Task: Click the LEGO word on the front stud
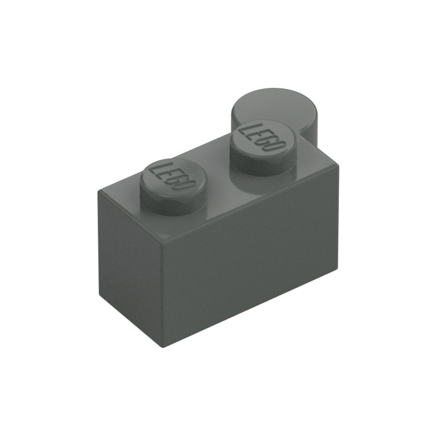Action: pyautogui.click(x=175, y=176)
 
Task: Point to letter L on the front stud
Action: pyautogui.click(x=161, y=168)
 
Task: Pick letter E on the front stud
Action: pyautogui.click(x=170, y=173)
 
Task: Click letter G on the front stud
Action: pyautogui.click(x=179, y=179)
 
